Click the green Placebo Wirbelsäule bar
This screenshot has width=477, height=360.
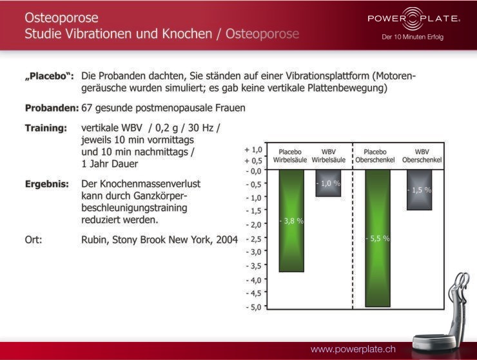point(291,221)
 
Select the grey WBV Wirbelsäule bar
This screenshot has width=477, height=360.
point(328,183)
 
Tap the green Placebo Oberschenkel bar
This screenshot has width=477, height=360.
point(378,238)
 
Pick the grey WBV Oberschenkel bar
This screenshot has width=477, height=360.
point(419,190)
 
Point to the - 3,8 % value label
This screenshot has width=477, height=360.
point(291,221)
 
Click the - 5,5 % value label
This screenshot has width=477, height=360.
point(378,238)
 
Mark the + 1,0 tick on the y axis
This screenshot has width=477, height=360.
point(253,150)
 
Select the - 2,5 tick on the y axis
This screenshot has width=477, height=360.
point(254,239)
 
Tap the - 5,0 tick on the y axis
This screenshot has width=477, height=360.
point(254,307)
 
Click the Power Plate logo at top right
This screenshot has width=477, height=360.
point(414,19)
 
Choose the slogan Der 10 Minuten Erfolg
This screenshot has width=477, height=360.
point(413,37)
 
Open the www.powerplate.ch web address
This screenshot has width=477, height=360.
point(353,349)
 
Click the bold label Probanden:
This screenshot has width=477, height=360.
point(52,108)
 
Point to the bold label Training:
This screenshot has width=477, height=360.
point(46,128)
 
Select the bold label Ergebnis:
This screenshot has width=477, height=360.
point(47,185)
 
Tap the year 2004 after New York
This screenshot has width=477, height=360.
point(227,240)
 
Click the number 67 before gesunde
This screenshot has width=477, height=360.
point(87,108)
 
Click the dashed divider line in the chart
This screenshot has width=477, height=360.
point(353,226)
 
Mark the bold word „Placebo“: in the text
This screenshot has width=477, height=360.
point(49,76)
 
